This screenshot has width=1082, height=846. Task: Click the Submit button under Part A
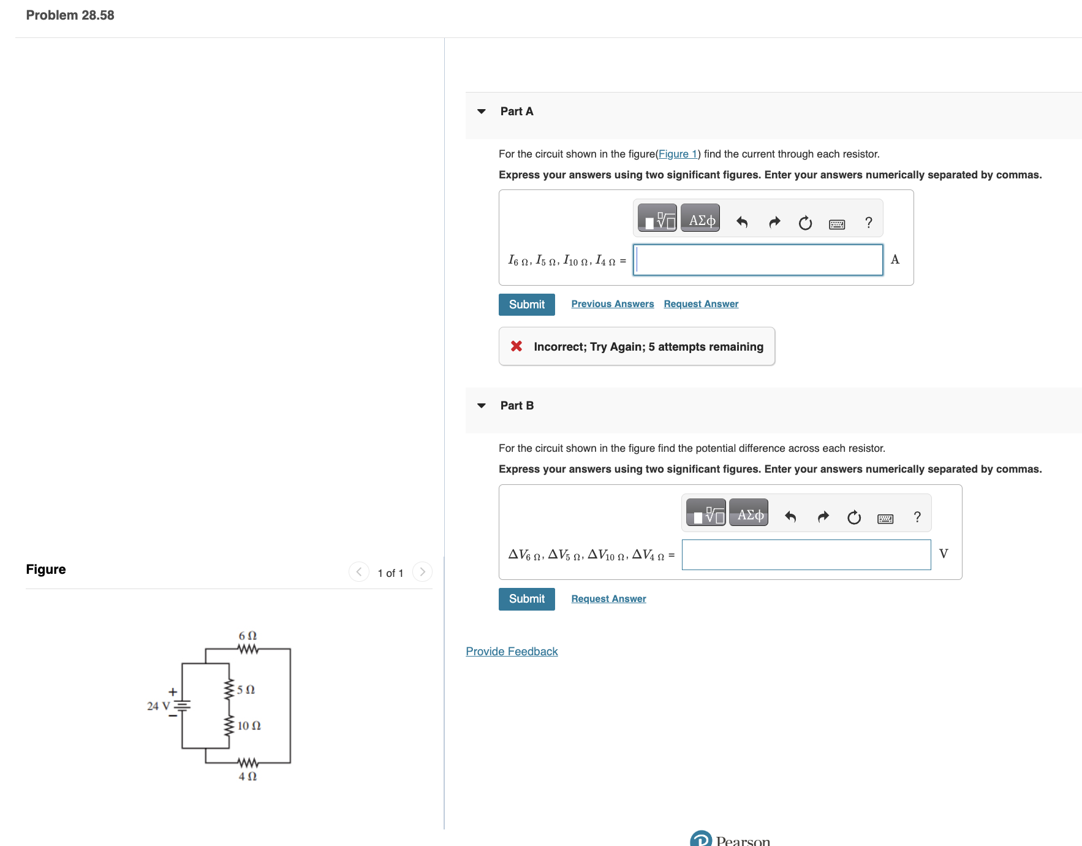(x=526, y=305)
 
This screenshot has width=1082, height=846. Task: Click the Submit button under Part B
(x=526, y=599)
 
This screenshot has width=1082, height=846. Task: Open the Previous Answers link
(x=612, y=304)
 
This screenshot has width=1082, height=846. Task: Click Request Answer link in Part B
(x=608, y=599)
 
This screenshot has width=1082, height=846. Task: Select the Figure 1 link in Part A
(x=678, y=154)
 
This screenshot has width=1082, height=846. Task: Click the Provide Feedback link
(x=512, y=652)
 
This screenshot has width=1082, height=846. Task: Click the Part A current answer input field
(x=758, y=260)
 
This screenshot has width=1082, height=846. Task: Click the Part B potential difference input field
(x=806, y=555)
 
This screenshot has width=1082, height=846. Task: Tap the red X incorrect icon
(x=516, y=346)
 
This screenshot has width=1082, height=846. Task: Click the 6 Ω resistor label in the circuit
(x=248, y=636)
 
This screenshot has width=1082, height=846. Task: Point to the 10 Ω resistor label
(x=249, y=726)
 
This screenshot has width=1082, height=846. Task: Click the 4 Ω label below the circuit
(x=248, y=777)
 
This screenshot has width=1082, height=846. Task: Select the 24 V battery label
(x=158, y=706)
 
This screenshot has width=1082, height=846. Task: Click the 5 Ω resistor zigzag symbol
(x=229, y=689)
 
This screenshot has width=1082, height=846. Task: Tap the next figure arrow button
(x=422, y=572)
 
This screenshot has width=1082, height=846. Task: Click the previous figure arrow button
(x=359, y=572)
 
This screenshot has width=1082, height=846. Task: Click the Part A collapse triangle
(x=482, y=112)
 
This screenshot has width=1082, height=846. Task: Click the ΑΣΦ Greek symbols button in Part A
(x=700, y=221)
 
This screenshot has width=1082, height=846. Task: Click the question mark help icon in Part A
(x=868, y=223)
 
